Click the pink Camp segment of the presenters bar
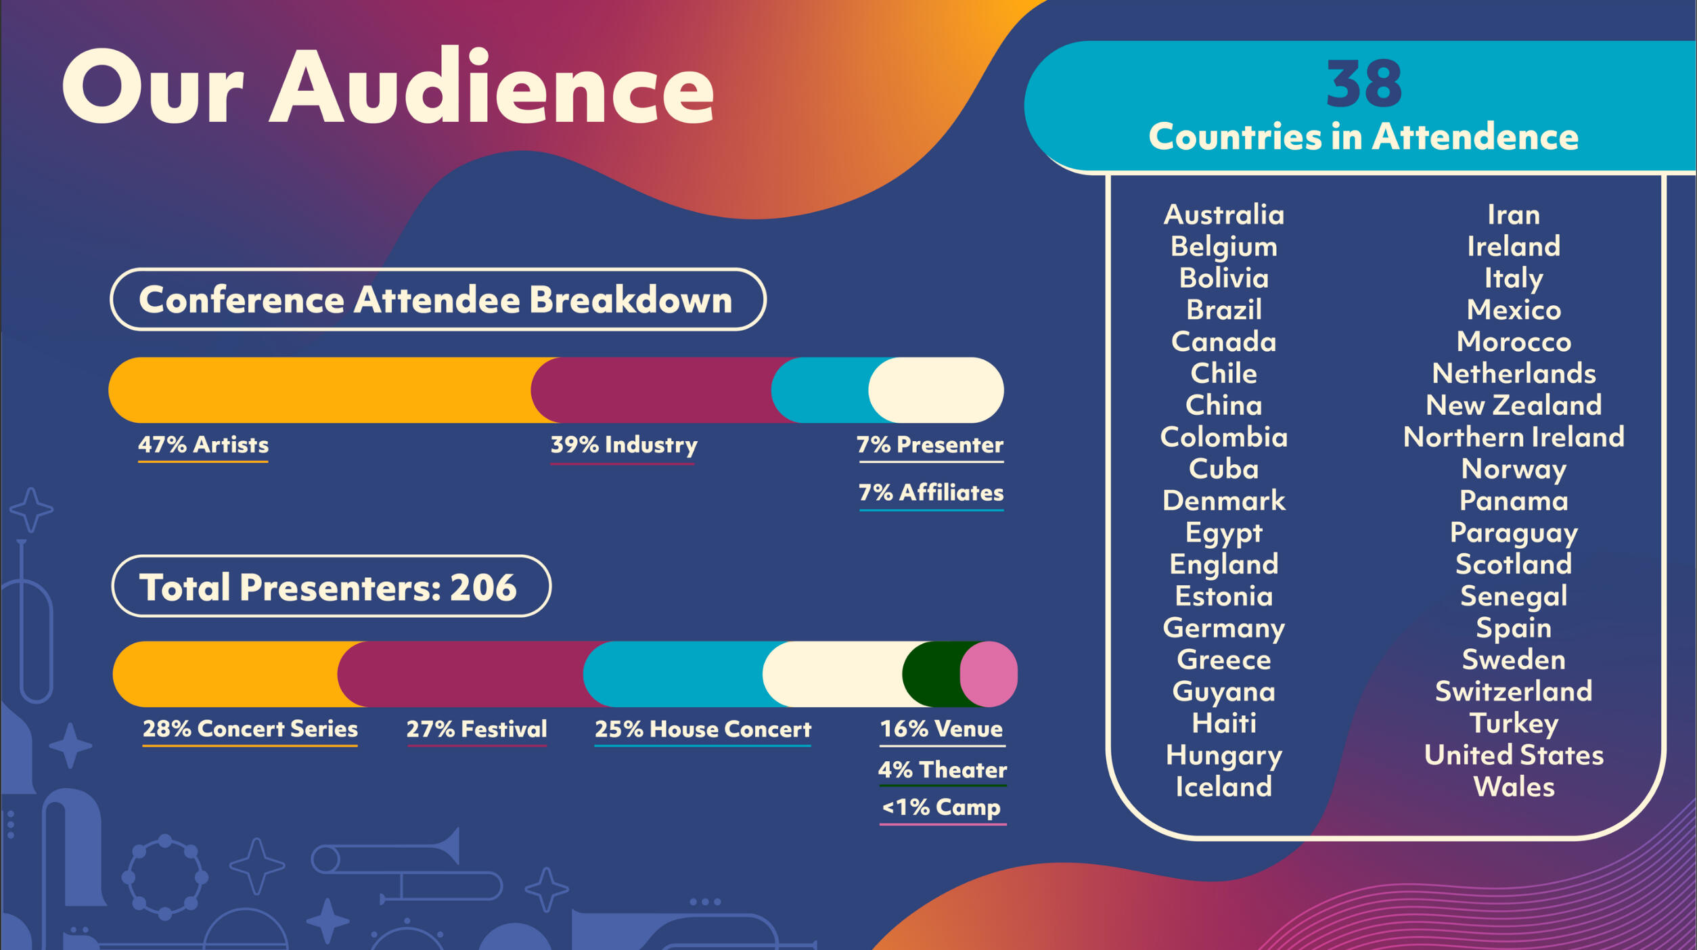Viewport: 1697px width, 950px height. (x=991, y=674)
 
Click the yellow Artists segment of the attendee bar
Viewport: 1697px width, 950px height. (x=318, y=390)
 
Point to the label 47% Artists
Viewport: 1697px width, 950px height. (x=203, y=445)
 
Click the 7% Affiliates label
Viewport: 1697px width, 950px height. (x=931, y=493)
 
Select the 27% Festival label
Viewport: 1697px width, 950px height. (x=476, y=729)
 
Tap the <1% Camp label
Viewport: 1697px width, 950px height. (x=942, y=807)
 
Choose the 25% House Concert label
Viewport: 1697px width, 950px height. (x=702, y=729)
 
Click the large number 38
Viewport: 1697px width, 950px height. (x=1363, y=83)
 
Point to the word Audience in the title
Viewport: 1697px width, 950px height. (x=492, y=88)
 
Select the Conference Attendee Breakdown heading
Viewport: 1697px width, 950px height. (x=437, y=300)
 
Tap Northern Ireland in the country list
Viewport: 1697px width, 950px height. (x=1514, y=437)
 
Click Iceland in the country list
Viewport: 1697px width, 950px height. (x=1223, y=787)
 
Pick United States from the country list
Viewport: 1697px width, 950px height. (x=1514, y=755)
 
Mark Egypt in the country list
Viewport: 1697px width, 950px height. (x=1223, y=533)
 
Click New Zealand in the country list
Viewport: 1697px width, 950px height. (x=1514, y=405)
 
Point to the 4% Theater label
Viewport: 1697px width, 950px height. (x=942, y=769)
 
